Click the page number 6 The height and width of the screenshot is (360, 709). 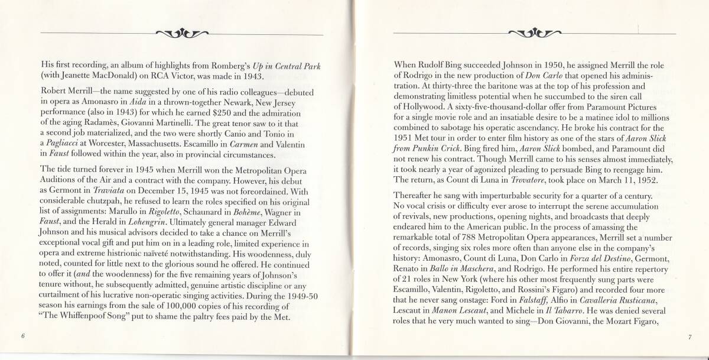[21, 336]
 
